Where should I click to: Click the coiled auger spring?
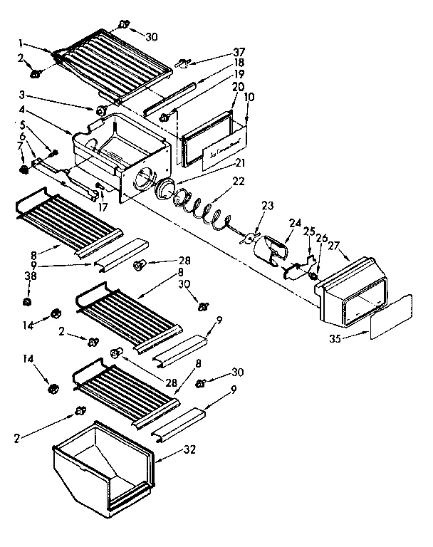[x=207, y=209]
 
